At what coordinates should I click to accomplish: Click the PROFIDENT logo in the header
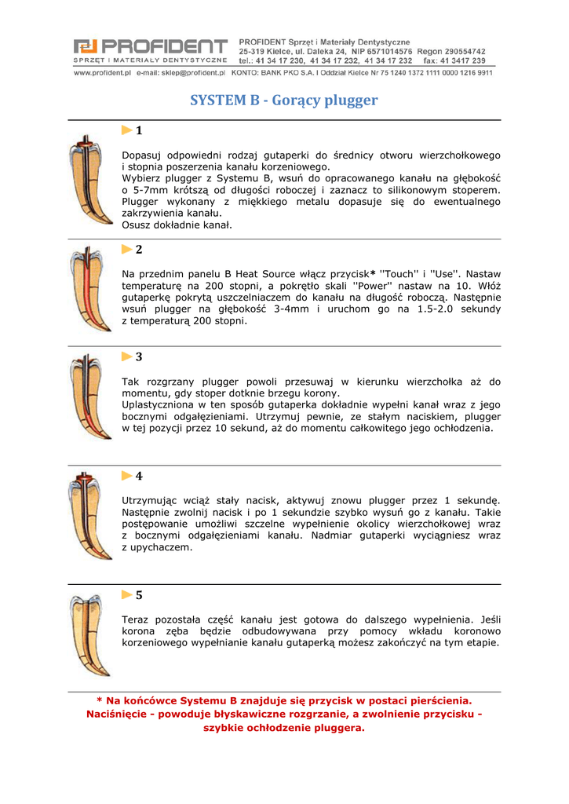pos(150,51)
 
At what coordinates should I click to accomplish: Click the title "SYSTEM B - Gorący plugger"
pos(284,100)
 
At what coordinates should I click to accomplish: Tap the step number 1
pos(139,130)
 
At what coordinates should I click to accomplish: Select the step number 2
pos(139,250)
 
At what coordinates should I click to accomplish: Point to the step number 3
pos(139,356)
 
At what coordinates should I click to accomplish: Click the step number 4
pos(139,476)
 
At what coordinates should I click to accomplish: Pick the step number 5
pos(139,595)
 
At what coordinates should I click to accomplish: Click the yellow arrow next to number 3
pos(126,356)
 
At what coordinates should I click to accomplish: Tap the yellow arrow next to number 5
pos(126,595)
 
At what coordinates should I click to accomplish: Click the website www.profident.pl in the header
pos(102,73)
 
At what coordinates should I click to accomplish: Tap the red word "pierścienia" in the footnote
pos(434,700)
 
